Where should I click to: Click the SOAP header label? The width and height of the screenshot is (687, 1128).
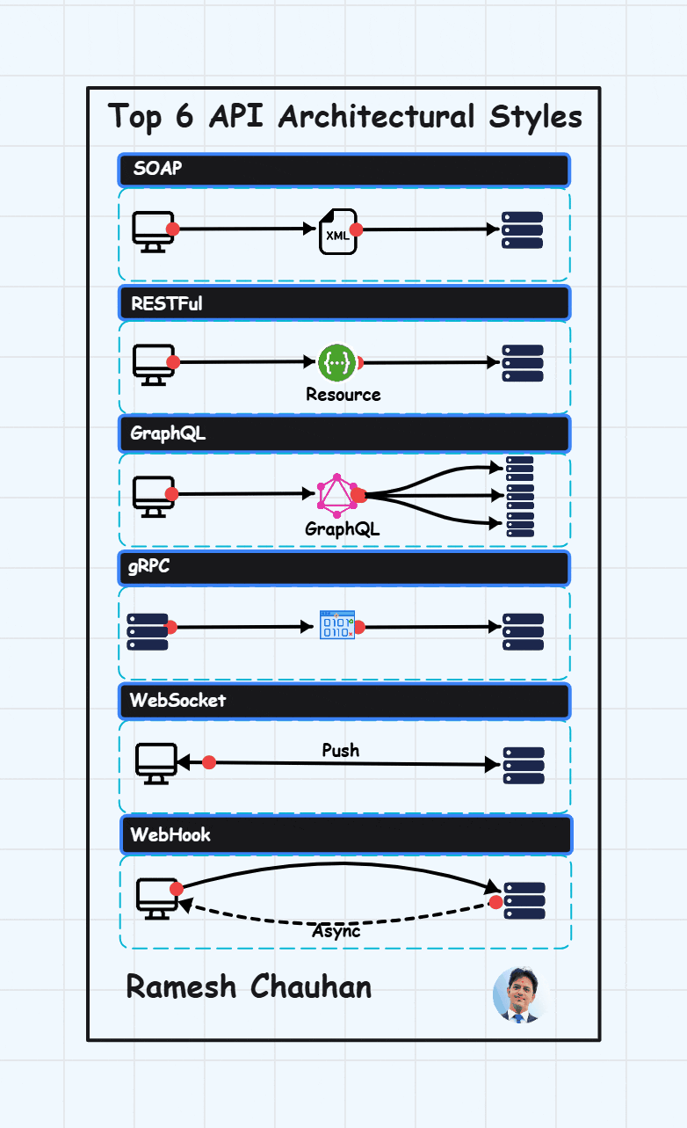tap(158, 170)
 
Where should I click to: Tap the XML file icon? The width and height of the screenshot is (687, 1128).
tap(338, 231)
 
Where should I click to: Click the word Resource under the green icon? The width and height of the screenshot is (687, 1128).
tap(343, 395)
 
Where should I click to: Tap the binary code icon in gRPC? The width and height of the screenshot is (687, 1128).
tap(337, 625)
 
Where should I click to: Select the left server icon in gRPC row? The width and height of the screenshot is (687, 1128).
tap(148, 631)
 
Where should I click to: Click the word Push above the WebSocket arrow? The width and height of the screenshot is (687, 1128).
tap(341, 750)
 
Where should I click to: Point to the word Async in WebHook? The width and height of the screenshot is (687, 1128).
tap(336, 931)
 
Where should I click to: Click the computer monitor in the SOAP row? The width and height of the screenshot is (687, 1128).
tap(154, 231)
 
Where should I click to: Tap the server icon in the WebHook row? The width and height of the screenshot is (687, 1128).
tap(524, 900)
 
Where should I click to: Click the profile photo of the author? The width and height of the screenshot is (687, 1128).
tap(519, 994)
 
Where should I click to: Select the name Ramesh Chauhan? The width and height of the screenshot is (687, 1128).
tap(249, 986)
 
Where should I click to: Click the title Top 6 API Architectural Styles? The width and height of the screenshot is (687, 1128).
tap(344, 116)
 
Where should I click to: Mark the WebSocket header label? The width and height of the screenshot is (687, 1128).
tap(177, 701)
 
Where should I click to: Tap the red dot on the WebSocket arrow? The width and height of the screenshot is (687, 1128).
tap(209, 762)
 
